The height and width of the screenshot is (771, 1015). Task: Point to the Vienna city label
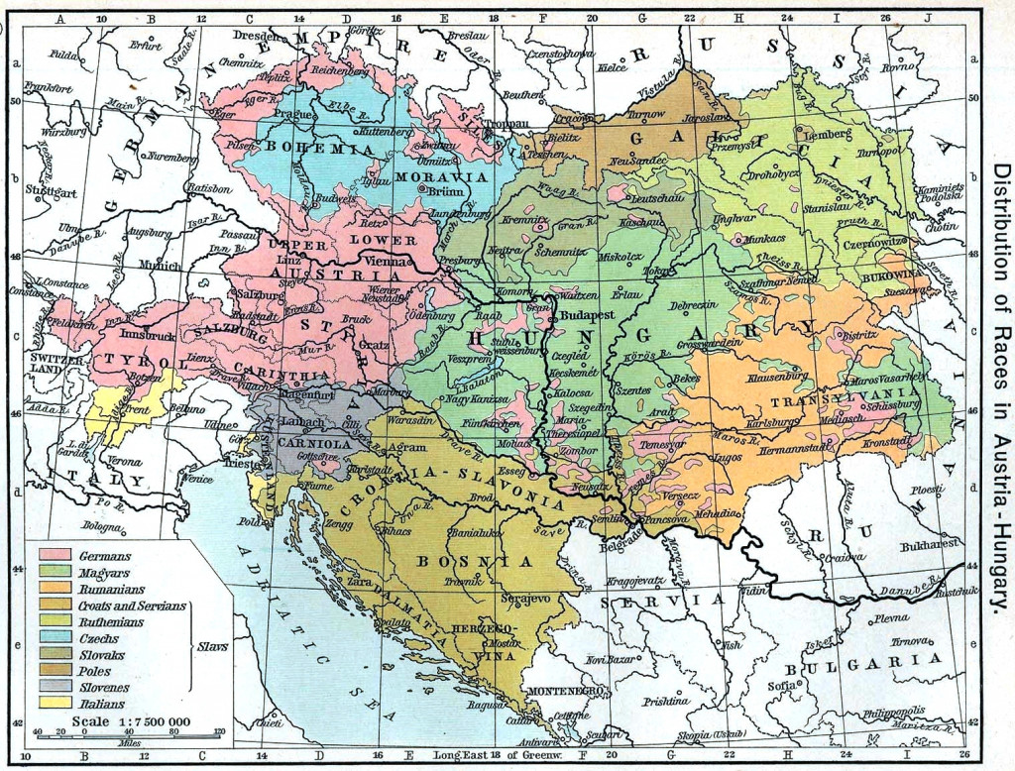pyautogui.click(x=395, y=260)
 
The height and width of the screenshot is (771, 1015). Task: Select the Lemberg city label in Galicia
pyautogui.click(x=829, y=133)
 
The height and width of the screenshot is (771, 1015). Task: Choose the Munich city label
pyautogui.click(x=161, y=266)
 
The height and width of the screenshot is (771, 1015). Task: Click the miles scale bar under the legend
pyautogui.click(x=129, y=735)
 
